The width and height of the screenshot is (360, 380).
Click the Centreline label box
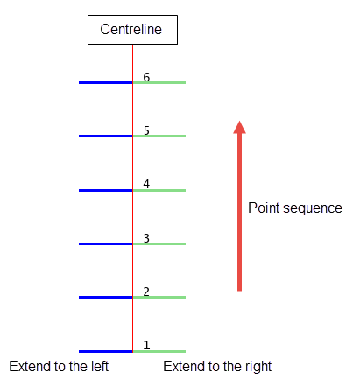point(132,30)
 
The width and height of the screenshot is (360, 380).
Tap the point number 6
point(146,77)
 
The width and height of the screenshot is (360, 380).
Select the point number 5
point(146,130)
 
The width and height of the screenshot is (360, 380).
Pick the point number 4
point(146,184)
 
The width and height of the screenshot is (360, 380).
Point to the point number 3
point(146,238)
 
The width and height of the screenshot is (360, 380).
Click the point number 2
point(146,292)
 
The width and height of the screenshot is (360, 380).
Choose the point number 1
point(146,345)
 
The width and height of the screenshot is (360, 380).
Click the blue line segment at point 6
point(106,83)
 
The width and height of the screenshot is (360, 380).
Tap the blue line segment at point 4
point(106,191)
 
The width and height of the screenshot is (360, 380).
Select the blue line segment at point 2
point(106,298)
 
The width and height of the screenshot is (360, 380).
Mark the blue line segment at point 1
point(106,352)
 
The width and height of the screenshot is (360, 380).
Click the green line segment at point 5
point(159,137)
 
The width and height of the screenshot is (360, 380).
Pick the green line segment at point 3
point(159,244)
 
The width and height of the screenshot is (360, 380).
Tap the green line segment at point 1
point(159,352)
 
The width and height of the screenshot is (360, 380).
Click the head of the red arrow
point(239,127)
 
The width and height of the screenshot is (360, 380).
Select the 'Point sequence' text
point(295,208)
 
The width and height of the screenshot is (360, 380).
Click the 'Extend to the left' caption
point(59,366)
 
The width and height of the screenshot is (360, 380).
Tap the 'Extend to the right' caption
point(217,367)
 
